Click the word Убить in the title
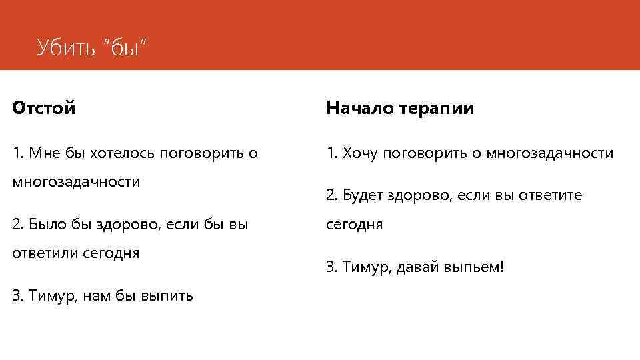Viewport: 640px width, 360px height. coord(66,47)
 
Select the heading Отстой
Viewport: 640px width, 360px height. coord(44,108)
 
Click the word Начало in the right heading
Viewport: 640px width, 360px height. coord(358,108)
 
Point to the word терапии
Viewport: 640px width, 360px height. coord(437,108)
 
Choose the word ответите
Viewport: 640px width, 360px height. coord(551,195)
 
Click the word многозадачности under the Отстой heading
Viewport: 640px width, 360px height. coord(76,182)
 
